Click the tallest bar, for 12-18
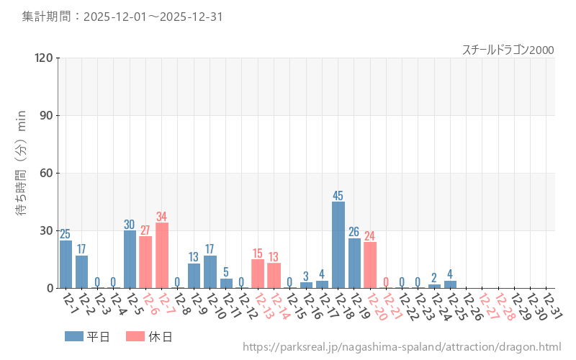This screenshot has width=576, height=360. click(x=338, y=245)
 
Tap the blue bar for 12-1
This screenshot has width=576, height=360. click(x=66, y=264)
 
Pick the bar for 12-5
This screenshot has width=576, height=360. click(x=130, y=259)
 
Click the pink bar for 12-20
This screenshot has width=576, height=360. click(x=370, y=265)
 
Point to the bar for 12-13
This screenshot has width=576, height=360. click(x=258, y=274)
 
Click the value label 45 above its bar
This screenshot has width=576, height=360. click(x=338, y=196)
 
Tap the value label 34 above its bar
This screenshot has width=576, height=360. click(x=162, y=217)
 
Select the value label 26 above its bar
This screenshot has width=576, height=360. click(x=354, y=232)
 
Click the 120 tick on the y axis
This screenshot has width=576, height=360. click(x=44, y=58)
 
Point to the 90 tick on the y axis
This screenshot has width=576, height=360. click(x=47, y=115)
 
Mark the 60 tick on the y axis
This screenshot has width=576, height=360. click(x=47, y=173)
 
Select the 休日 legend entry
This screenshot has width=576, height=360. click(x=149, y=336)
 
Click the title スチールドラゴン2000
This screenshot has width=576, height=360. click(x=508, y=50)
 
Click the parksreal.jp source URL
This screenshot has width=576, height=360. click(x=402, y=347)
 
